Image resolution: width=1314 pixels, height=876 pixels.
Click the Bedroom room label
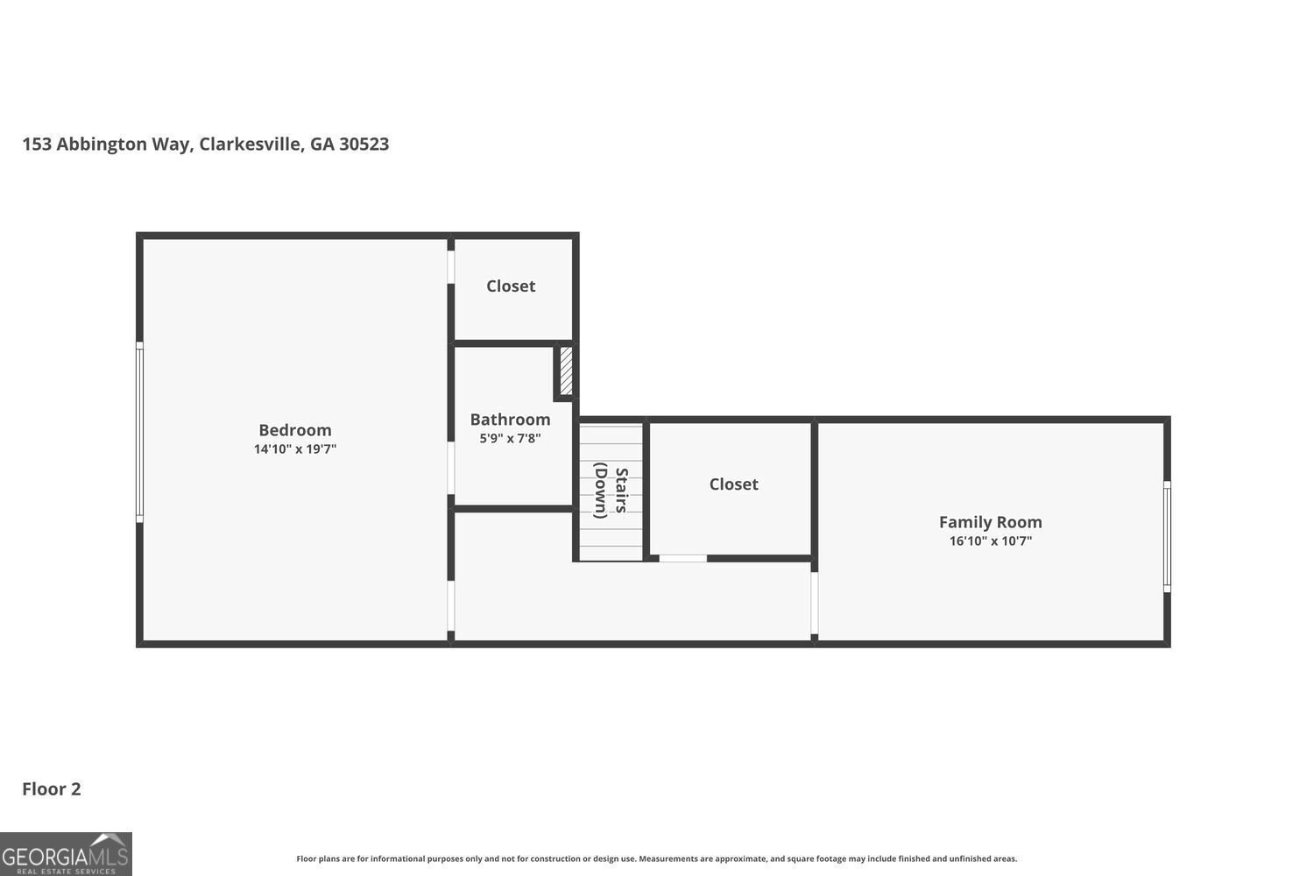[x=294, y=430]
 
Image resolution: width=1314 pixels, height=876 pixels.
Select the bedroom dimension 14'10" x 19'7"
[x=294, y=449]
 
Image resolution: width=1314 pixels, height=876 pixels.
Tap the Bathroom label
[x=510, y=420]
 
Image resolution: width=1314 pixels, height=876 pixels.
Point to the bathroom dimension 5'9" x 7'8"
[x=510, y=438]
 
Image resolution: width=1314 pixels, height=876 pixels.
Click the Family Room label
[x=990, y=522]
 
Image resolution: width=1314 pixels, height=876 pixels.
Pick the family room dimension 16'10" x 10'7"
[x=990, y=541]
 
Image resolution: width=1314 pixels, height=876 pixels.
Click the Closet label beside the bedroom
[x=511, y=286]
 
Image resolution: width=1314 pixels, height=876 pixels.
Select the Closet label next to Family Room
[x=733, y=484]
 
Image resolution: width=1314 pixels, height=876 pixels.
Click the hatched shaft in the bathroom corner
[x=566, y=371]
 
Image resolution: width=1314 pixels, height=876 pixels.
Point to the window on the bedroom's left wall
[x=139, y=433]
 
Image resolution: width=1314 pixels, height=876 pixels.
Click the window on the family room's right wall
[x=1167, y=536]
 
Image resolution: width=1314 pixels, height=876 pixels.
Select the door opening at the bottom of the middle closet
[x=682, y=558]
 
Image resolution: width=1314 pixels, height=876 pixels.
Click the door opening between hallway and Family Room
[x=814, y=603]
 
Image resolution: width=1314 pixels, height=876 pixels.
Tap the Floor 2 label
[x=52, y=789]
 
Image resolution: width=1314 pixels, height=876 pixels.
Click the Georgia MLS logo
[x=66, y=854]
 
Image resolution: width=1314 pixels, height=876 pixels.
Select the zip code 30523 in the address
[x=364, y=145]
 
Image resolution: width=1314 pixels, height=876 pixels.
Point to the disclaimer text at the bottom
[x=656, y=859]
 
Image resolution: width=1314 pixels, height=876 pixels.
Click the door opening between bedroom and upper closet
[x=450, y=266]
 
